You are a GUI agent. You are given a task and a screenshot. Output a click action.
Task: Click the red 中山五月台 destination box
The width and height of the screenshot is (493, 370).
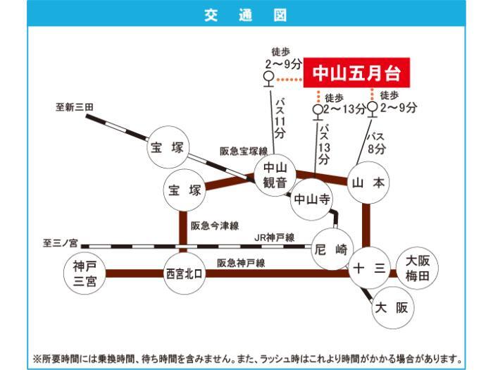356,73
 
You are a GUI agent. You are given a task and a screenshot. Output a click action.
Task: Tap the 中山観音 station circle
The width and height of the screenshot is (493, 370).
275,175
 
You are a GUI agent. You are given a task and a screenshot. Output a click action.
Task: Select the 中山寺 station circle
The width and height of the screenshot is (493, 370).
311,199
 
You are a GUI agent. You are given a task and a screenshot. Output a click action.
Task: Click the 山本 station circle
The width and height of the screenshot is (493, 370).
368,183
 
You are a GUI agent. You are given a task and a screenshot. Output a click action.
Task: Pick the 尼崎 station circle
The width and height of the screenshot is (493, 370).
332,249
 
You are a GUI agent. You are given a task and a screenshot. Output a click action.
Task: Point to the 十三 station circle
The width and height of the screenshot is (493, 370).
370,268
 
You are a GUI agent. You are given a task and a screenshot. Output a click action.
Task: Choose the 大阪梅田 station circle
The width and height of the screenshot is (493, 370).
417,268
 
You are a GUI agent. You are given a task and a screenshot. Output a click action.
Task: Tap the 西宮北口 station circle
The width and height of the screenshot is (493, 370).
185,273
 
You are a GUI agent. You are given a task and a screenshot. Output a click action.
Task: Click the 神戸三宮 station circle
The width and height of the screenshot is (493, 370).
85,273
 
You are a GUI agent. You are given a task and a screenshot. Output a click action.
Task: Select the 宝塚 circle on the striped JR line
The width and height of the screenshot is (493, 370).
168,147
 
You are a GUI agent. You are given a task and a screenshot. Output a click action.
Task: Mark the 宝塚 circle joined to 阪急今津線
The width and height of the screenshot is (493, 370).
185,190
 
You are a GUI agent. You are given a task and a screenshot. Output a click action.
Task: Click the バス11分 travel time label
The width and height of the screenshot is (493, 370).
280,118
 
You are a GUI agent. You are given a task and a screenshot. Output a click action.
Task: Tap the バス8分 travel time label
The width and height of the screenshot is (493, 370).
376,143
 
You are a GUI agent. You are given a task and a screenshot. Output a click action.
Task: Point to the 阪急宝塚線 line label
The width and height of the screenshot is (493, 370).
244,152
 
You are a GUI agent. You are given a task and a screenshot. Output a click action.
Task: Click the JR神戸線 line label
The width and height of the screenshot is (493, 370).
274,238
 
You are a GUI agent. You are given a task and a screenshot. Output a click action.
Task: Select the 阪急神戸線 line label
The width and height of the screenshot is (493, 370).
241,263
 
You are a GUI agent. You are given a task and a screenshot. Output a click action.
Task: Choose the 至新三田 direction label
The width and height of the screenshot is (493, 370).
75,107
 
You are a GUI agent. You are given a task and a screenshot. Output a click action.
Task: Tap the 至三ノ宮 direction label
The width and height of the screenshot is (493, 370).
60,243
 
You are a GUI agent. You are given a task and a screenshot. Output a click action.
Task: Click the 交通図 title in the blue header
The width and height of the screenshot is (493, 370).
246,15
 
